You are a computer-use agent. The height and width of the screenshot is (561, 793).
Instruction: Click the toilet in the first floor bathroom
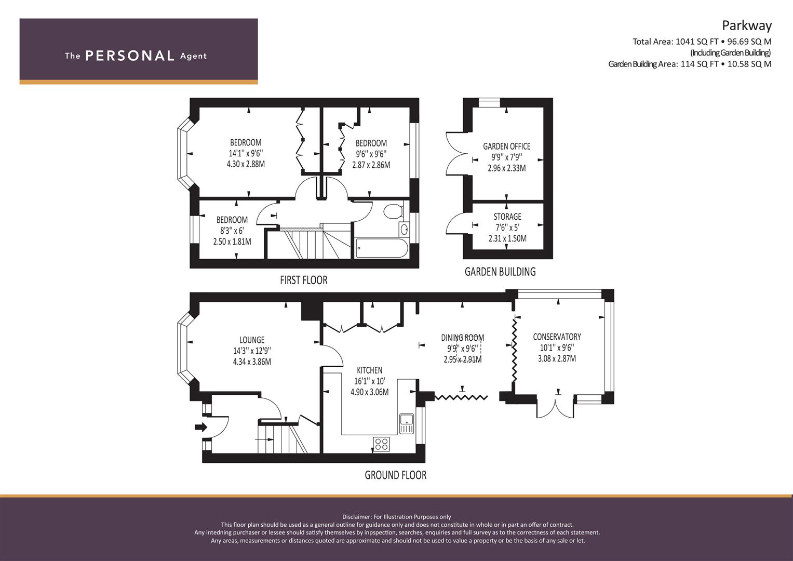point(393,211)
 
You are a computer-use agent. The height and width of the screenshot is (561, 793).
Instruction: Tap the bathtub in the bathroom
point(382,248)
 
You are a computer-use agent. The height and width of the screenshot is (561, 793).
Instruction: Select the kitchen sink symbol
point(407,423)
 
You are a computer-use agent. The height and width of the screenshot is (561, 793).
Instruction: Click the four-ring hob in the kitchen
point(381,444)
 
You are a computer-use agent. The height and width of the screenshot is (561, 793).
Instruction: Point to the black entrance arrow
point(201,427)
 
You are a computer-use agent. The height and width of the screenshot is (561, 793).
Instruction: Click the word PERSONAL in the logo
point(130,56)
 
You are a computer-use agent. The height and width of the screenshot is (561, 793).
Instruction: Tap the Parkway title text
point(747,26)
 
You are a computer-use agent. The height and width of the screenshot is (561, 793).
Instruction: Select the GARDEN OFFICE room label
point(507,146)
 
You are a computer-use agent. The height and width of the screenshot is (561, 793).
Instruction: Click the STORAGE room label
point(507,217)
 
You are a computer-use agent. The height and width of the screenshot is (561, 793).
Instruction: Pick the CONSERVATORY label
point(557,337)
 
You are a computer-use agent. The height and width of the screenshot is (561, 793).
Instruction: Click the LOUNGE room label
point(252,340)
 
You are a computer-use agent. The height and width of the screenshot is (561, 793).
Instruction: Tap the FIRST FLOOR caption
point(304,280)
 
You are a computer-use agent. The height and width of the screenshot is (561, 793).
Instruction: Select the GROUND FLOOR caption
point(395,475)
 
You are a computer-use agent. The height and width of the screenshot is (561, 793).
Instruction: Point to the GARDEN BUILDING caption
point(500,272)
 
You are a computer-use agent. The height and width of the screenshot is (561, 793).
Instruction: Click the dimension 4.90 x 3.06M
point(370,392)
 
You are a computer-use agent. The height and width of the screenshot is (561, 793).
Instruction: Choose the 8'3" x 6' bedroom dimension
point(232,231)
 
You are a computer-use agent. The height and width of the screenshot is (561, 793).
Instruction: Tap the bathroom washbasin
point(404,230)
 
